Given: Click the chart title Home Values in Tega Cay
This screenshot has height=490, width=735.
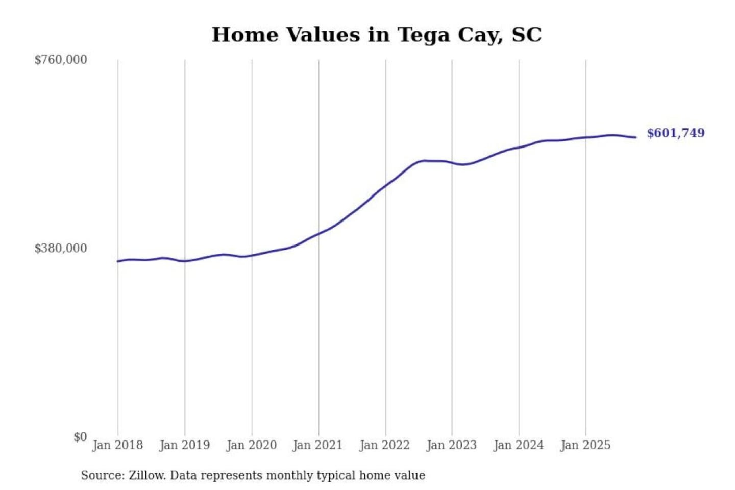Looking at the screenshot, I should pyautogui.click(x=376, y=35).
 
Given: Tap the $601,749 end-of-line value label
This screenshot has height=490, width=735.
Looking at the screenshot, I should pyautogui.click(x=675, y=133).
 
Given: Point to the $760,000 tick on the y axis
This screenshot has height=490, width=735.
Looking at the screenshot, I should pyautogui.click(x=61, y=60).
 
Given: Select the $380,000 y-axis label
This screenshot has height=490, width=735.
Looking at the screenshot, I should pyautogui.click(x=61, y=249).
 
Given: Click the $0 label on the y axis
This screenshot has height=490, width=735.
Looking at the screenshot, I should pyautogui.click(x=80, y=437).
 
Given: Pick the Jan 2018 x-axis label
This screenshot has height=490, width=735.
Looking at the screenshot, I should pyautogui.click(x=117, y=445).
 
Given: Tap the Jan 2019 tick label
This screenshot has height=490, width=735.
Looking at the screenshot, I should pyautogui.click(x=184, y=445).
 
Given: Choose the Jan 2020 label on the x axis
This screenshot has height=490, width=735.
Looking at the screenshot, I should pyautogui.click(x=251, y=445).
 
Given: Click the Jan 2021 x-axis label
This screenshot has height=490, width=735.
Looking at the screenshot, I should pyautogui.click(x=317, y=445).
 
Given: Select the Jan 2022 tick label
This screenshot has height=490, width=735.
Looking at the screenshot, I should pyautogui.click(x=384, y=445).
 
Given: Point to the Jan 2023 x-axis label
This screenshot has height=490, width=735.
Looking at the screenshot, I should pyautogui.click(x=451, y=445).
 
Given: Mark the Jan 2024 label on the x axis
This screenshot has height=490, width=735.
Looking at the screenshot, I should pyautogui.click(x=518, y=445).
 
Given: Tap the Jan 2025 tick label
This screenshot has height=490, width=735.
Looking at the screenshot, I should pyautogui.click(x=585, y=445).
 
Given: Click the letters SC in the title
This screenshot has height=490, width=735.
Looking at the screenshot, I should pyautogui.click(x=526, y=35).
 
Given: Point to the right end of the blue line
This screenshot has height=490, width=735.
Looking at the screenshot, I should pyautogui.click(x=635, y=137).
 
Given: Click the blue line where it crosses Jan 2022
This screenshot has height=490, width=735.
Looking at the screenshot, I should pyautogui.click(x=386, y=185).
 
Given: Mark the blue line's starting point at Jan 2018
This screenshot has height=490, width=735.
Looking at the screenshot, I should pyautogui.click(x=118, y=261).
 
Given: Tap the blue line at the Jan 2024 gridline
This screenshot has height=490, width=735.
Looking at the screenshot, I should pyautogui.click(x=519, y=148).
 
